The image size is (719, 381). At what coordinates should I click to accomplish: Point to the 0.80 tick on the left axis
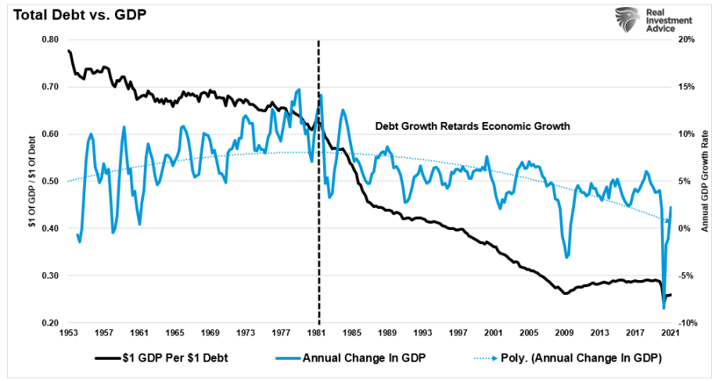point(49,39)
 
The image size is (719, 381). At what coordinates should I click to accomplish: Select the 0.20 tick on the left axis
point(49,323)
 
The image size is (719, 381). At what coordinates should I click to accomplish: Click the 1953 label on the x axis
point(69,332)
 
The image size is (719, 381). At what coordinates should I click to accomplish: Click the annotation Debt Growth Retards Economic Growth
point(473,125)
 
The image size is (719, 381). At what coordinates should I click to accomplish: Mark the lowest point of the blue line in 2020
point(663,308)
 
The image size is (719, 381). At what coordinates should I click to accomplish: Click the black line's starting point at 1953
point(69,51)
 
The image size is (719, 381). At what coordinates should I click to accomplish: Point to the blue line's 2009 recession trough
point(566,257)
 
